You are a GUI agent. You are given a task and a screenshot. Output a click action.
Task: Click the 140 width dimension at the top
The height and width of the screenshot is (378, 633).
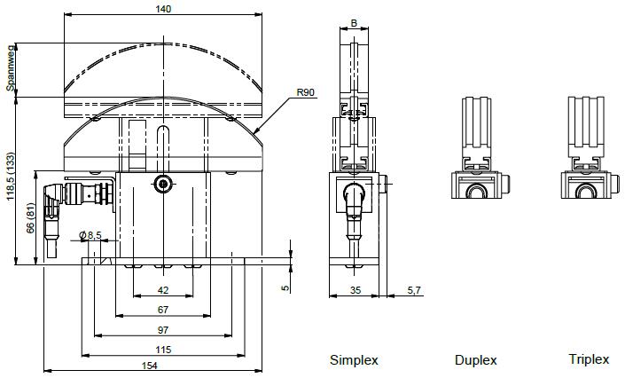pos(162,9)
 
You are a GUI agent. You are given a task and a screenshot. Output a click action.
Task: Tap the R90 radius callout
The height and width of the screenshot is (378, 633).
pos(306,92)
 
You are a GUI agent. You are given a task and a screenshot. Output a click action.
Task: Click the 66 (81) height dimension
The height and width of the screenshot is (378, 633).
pos(30,217)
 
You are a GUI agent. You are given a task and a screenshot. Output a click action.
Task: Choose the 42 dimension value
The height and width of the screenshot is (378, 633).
pos(162,290)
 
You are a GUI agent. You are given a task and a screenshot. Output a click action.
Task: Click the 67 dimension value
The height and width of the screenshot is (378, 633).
pos(162,310)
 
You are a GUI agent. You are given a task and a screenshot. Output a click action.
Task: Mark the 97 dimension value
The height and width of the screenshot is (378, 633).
pos(162,329)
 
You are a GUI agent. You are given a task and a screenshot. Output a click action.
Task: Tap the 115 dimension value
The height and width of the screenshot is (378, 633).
pos(162,349)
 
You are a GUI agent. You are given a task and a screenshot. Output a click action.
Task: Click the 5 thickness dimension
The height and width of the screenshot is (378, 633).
pos(285,287)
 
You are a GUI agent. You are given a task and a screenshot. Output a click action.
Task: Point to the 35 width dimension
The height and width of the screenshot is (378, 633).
pos(354,290)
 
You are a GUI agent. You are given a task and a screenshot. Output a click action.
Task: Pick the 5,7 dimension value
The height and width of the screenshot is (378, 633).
pos(414,290)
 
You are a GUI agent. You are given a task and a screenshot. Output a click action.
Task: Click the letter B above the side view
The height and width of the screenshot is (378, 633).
pos(354,22)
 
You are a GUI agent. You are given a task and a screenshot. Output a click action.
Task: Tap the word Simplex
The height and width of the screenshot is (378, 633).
pos(354,359)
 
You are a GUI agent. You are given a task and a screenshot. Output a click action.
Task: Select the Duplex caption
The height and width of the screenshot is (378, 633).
pos(475,359)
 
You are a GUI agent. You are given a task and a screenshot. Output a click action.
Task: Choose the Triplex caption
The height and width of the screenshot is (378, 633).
pos(589,359)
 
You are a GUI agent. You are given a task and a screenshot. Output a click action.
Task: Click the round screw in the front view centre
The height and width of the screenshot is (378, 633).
pos(162,184)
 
